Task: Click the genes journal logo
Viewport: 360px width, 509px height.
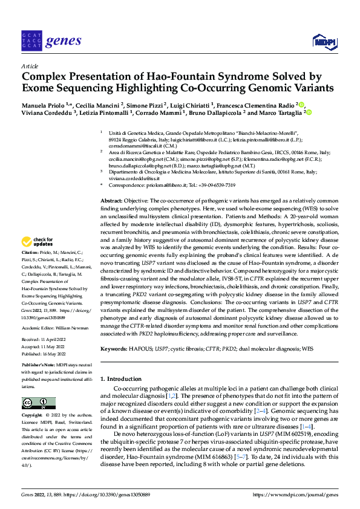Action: [51, 41]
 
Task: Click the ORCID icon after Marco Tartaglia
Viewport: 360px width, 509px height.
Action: [309, 112]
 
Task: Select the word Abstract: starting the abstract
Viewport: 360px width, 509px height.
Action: [112, 200]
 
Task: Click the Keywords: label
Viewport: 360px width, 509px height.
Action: [114, 349]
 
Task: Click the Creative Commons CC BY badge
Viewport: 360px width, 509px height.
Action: [34, 403]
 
